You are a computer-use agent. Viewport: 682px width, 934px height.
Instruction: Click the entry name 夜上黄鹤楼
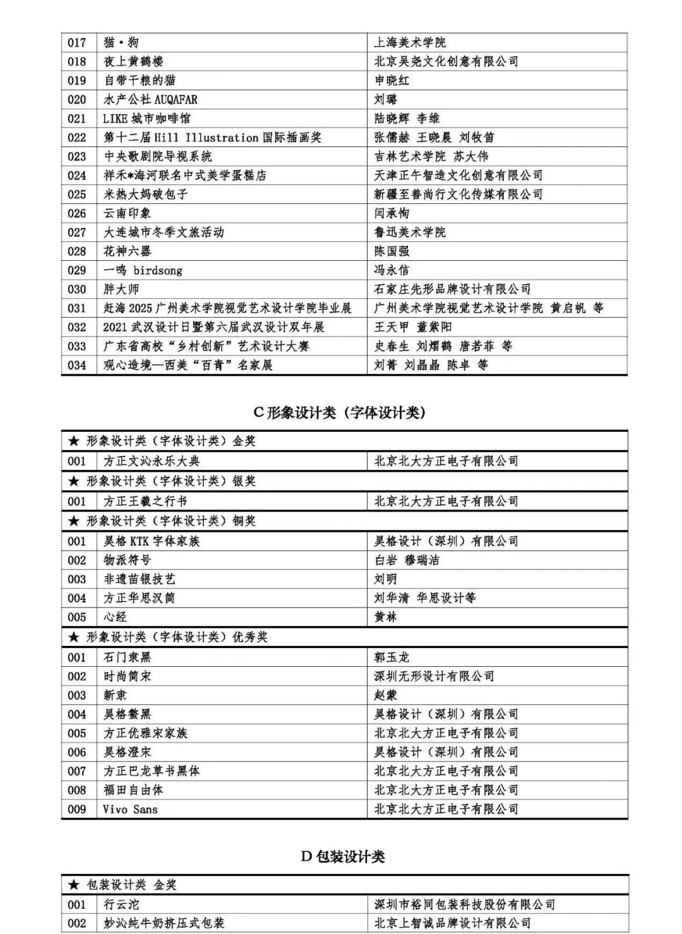(x=133, y=61)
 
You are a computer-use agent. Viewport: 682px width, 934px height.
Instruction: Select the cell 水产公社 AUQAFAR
(x=150, y=99)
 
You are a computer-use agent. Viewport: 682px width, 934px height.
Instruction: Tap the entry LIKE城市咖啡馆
(x=147, y=118)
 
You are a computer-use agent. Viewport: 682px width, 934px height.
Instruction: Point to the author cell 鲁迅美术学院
(x=410, y=232)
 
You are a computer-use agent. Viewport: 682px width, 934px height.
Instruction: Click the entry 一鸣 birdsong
(x=143, y=270)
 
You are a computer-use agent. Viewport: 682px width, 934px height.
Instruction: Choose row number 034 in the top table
(x=77, y=364)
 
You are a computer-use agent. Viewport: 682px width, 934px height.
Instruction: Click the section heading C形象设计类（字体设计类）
(x=339, y=412)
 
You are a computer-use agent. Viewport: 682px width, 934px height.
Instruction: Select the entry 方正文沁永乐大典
(x=152, y=460)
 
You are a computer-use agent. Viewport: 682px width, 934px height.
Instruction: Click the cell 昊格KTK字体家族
(x=152, y=541)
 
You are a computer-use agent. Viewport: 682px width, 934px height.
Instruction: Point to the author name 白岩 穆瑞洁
(x=407, y=560)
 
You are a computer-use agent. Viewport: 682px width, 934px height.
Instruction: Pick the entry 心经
(x=116, y=616)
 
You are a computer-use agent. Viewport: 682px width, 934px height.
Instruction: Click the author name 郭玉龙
(x=392, y=657)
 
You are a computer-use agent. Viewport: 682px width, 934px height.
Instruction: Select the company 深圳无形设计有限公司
(x=434, y=676)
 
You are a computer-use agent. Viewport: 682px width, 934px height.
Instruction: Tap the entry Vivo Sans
(x=131, y=808)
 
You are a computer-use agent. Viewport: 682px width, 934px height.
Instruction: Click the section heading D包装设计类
(x=342, y=856)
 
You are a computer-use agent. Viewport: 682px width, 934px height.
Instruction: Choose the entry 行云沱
(x=121, y=904)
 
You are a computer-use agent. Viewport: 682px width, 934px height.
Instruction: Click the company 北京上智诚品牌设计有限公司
(x=452, y=923)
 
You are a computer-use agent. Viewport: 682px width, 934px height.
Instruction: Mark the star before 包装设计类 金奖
(x=74, y=885)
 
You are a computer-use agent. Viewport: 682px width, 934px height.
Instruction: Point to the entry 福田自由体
(x=133, y=789)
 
